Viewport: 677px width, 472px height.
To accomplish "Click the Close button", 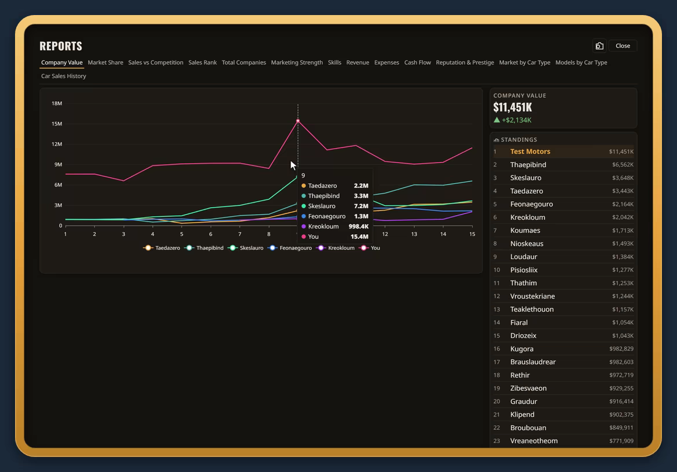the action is point(623,46).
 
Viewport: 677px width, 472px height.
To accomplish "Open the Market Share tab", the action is point(105,62).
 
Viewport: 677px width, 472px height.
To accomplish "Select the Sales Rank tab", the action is point(203,62).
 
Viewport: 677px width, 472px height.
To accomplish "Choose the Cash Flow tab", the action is point(418,62).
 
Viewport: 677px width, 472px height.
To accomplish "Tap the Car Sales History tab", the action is point(64,76).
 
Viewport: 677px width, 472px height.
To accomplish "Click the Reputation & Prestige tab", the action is point(465,62).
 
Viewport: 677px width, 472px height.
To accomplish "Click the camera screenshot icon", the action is point(599,46).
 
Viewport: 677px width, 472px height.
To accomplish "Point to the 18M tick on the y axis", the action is point(57,104).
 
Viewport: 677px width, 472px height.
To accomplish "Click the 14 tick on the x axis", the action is point(443,234).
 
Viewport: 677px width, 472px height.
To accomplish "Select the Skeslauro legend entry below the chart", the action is point(246,248).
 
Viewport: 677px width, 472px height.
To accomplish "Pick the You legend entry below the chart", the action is point(370,248).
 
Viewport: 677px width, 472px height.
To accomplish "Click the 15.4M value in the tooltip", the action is point(359,237).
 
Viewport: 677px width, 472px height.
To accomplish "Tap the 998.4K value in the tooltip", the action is point(358,227).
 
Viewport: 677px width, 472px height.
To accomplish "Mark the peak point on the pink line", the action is point(298,121).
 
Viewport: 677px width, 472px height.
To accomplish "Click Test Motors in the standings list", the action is point(530,152).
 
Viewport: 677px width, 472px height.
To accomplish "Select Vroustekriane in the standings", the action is point(532,296).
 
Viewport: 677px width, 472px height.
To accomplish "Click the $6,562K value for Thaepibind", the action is point(623,165).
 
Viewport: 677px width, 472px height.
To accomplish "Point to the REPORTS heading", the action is point(61,46).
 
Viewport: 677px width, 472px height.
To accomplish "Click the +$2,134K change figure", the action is point(516,120).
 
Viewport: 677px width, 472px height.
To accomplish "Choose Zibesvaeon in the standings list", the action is point(528,388).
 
